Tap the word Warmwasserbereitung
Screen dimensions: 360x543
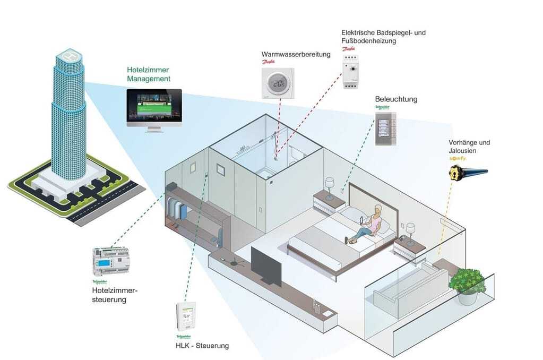[x=296, y=54]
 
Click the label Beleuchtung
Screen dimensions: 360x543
[x=396, y=99]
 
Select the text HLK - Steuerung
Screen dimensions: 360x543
[x=202, y=346]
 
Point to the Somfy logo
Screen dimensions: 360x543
[x=458, y=159]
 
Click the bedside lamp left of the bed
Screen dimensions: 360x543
[x=330, y=186]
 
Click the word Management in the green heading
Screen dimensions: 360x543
[x=149, y=79]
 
